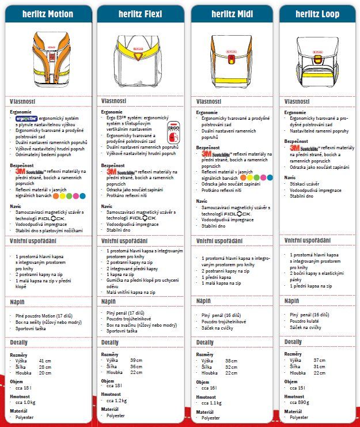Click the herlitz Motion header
48,13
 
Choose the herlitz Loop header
318,13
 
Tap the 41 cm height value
44,360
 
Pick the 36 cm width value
137,366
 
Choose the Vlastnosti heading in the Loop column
298,101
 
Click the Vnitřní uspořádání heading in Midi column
219,240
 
